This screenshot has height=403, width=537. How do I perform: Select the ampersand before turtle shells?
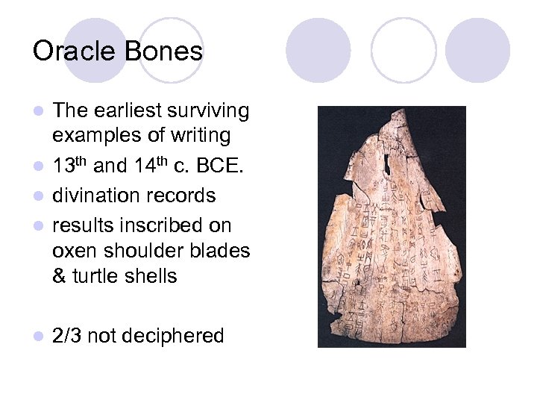(x=60, y=276)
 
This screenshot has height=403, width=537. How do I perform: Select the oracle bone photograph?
(x=392, y=226)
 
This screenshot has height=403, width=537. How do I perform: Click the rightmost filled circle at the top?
(x=478, y=50)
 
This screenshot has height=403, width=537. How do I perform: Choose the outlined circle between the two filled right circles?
(x=403, y=50)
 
